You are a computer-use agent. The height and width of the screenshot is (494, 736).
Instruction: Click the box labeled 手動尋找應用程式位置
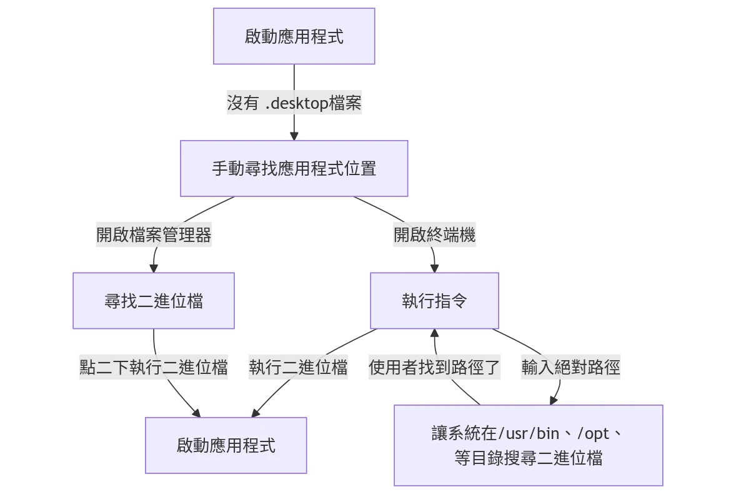(294, 168)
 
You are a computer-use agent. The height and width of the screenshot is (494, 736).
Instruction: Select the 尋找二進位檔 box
(154, 301)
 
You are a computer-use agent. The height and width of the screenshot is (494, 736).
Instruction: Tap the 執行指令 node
(434, 301)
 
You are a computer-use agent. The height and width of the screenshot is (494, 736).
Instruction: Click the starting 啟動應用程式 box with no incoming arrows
(294, 36)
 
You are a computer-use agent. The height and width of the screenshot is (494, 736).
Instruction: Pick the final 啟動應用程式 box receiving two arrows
(226, 445)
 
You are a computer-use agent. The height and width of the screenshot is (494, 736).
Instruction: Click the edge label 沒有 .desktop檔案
(294, 103)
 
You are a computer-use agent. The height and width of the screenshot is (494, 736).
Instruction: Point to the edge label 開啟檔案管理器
(154, 235)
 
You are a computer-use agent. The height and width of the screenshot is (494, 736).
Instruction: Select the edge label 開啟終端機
(434, 235)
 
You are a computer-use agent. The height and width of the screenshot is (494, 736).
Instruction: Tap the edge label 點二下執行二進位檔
(154, 367)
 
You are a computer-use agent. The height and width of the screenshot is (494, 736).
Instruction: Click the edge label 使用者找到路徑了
(434, 367)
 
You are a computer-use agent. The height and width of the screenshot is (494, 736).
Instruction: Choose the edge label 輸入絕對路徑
(570, 367)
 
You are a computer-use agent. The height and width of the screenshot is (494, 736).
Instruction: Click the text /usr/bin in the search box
(534, 433)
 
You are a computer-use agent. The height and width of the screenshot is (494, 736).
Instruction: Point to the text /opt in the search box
(591, 433)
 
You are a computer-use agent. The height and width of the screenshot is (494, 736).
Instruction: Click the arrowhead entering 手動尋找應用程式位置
(294, 136)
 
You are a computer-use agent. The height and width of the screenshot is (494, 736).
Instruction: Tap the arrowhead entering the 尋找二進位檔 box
(154, 269)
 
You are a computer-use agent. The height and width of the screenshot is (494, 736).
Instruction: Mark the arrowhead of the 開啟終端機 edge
(434, 269)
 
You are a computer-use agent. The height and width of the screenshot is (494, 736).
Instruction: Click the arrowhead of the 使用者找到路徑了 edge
(434, 333)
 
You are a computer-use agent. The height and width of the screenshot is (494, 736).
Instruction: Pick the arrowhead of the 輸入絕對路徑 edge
(553, 401)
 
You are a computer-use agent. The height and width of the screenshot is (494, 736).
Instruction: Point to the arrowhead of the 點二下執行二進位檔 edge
(197, 413)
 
